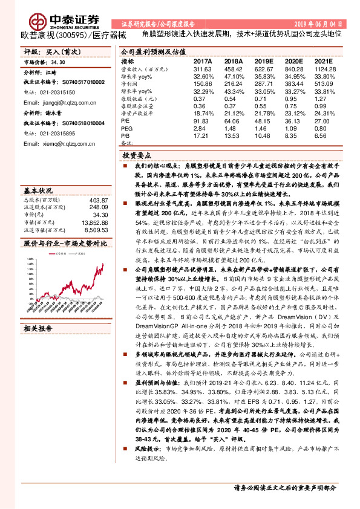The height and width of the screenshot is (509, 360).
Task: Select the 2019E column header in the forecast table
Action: click(263, 62)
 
